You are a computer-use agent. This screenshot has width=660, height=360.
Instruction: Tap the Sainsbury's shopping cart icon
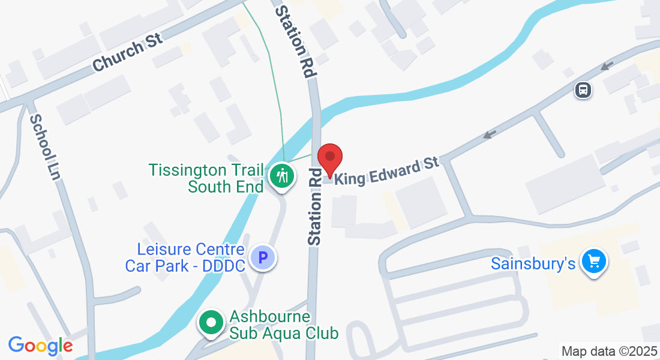(x=594, y=262)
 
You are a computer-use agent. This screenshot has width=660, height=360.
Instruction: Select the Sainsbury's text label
(x=533, y=263)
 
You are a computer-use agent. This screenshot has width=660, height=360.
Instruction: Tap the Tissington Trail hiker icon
(x=281, y=176)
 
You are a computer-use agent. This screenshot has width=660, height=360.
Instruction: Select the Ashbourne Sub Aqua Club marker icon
(x=211, y=323)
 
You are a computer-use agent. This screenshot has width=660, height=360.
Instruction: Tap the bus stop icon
(x=583, y=91)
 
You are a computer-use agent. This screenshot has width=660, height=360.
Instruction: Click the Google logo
(x=41, y=346)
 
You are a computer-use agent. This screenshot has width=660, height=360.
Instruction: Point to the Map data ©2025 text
(x=608, y=351)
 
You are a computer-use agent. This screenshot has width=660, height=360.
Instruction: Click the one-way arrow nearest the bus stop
(x=608, y=65)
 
